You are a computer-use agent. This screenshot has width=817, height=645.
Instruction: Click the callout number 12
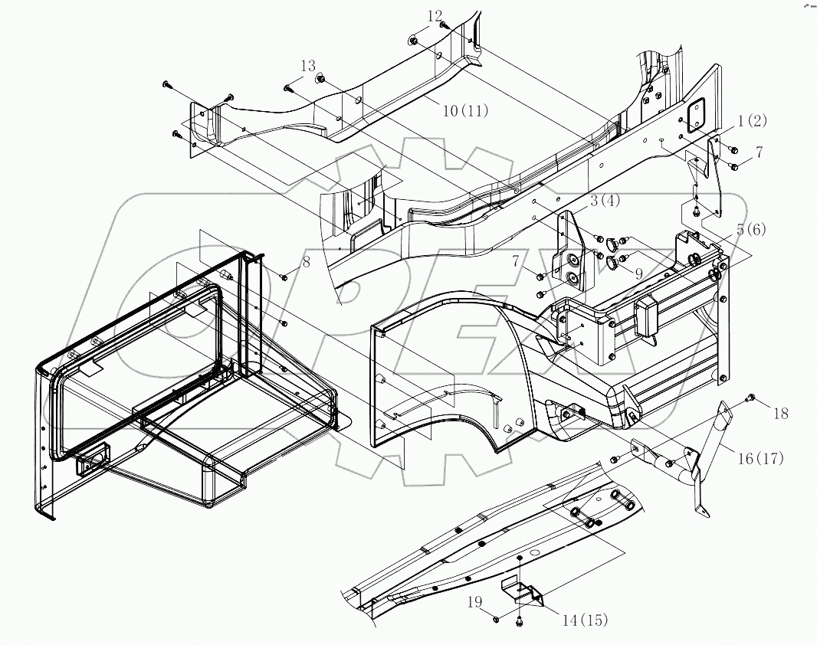pos(435,16)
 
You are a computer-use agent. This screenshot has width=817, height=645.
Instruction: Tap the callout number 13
pos(307,67)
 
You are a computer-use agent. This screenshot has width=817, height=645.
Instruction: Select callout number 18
pos(779,414)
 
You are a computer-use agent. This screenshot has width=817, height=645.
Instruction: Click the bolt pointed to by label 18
pos(750,397)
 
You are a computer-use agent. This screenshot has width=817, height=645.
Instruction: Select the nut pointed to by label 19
pos(497,617)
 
